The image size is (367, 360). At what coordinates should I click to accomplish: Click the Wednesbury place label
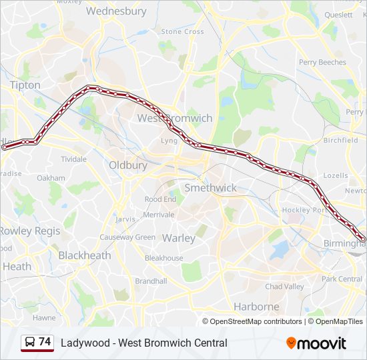(116, 11)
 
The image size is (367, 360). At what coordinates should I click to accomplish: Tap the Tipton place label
(25, 85)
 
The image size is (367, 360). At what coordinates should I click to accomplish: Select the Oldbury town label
(127, 165)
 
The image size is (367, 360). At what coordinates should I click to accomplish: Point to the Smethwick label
(210, 188)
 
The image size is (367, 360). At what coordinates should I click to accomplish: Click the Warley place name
(179, 238)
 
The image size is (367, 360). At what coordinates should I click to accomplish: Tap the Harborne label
(256, 307)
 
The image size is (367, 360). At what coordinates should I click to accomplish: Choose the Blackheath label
(85, 255)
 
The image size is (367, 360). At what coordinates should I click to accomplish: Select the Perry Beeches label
(322, 63)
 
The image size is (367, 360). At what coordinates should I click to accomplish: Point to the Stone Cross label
(182, 31)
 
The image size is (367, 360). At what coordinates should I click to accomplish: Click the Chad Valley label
(284, 287)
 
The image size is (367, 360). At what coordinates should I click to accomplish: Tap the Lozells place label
(334, 176)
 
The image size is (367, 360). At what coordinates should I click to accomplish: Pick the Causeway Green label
(127, 237)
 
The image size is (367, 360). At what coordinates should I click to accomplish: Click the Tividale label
(74, 159)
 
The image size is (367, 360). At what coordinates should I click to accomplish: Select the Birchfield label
(340, 141)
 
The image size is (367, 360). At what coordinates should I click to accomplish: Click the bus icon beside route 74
(29, 343)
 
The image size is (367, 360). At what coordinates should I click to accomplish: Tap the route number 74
(45, 342)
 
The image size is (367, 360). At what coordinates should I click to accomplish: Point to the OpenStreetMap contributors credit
(256, 321)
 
